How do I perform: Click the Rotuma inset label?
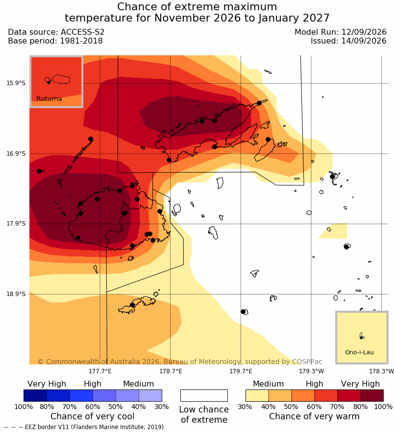[49, 98]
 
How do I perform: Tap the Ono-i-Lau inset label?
[359, 352]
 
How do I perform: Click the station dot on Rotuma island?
[49, 82]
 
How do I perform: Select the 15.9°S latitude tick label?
[16, 83]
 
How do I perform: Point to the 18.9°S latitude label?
[16, 294]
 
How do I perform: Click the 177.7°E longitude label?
[100, 371]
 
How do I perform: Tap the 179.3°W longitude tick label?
[311, 371]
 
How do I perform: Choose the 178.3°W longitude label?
[382, 371]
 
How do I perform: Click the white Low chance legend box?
[204, 395]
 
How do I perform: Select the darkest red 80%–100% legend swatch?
[372, 395]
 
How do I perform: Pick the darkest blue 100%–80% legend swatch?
[35, 395]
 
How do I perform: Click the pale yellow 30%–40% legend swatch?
[257, 395]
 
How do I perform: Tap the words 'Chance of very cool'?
[93, 416]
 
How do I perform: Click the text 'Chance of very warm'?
[314, 416]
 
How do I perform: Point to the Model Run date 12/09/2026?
[364, 32]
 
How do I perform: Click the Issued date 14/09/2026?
[364, 41]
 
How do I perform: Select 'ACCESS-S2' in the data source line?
[82, 32]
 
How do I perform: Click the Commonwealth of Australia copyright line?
[180, 362]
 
